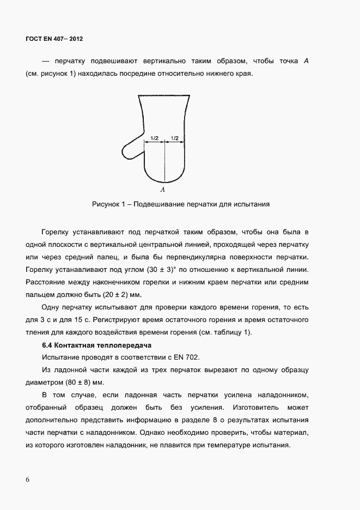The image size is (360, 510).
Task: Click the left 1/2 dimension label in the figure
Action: (154, 138)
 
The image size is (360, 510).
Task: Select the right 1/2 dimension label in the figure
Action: (175, 138)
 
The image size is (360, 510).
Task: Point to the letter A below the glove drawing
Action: (163, 190)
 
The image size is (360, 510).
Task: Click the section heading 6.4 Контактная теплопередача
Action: (96, 345)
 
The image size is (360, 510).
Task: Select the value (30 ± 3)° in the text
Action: (167, 270)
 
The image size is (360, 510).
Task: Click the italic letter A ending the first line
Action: (307, 60)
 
